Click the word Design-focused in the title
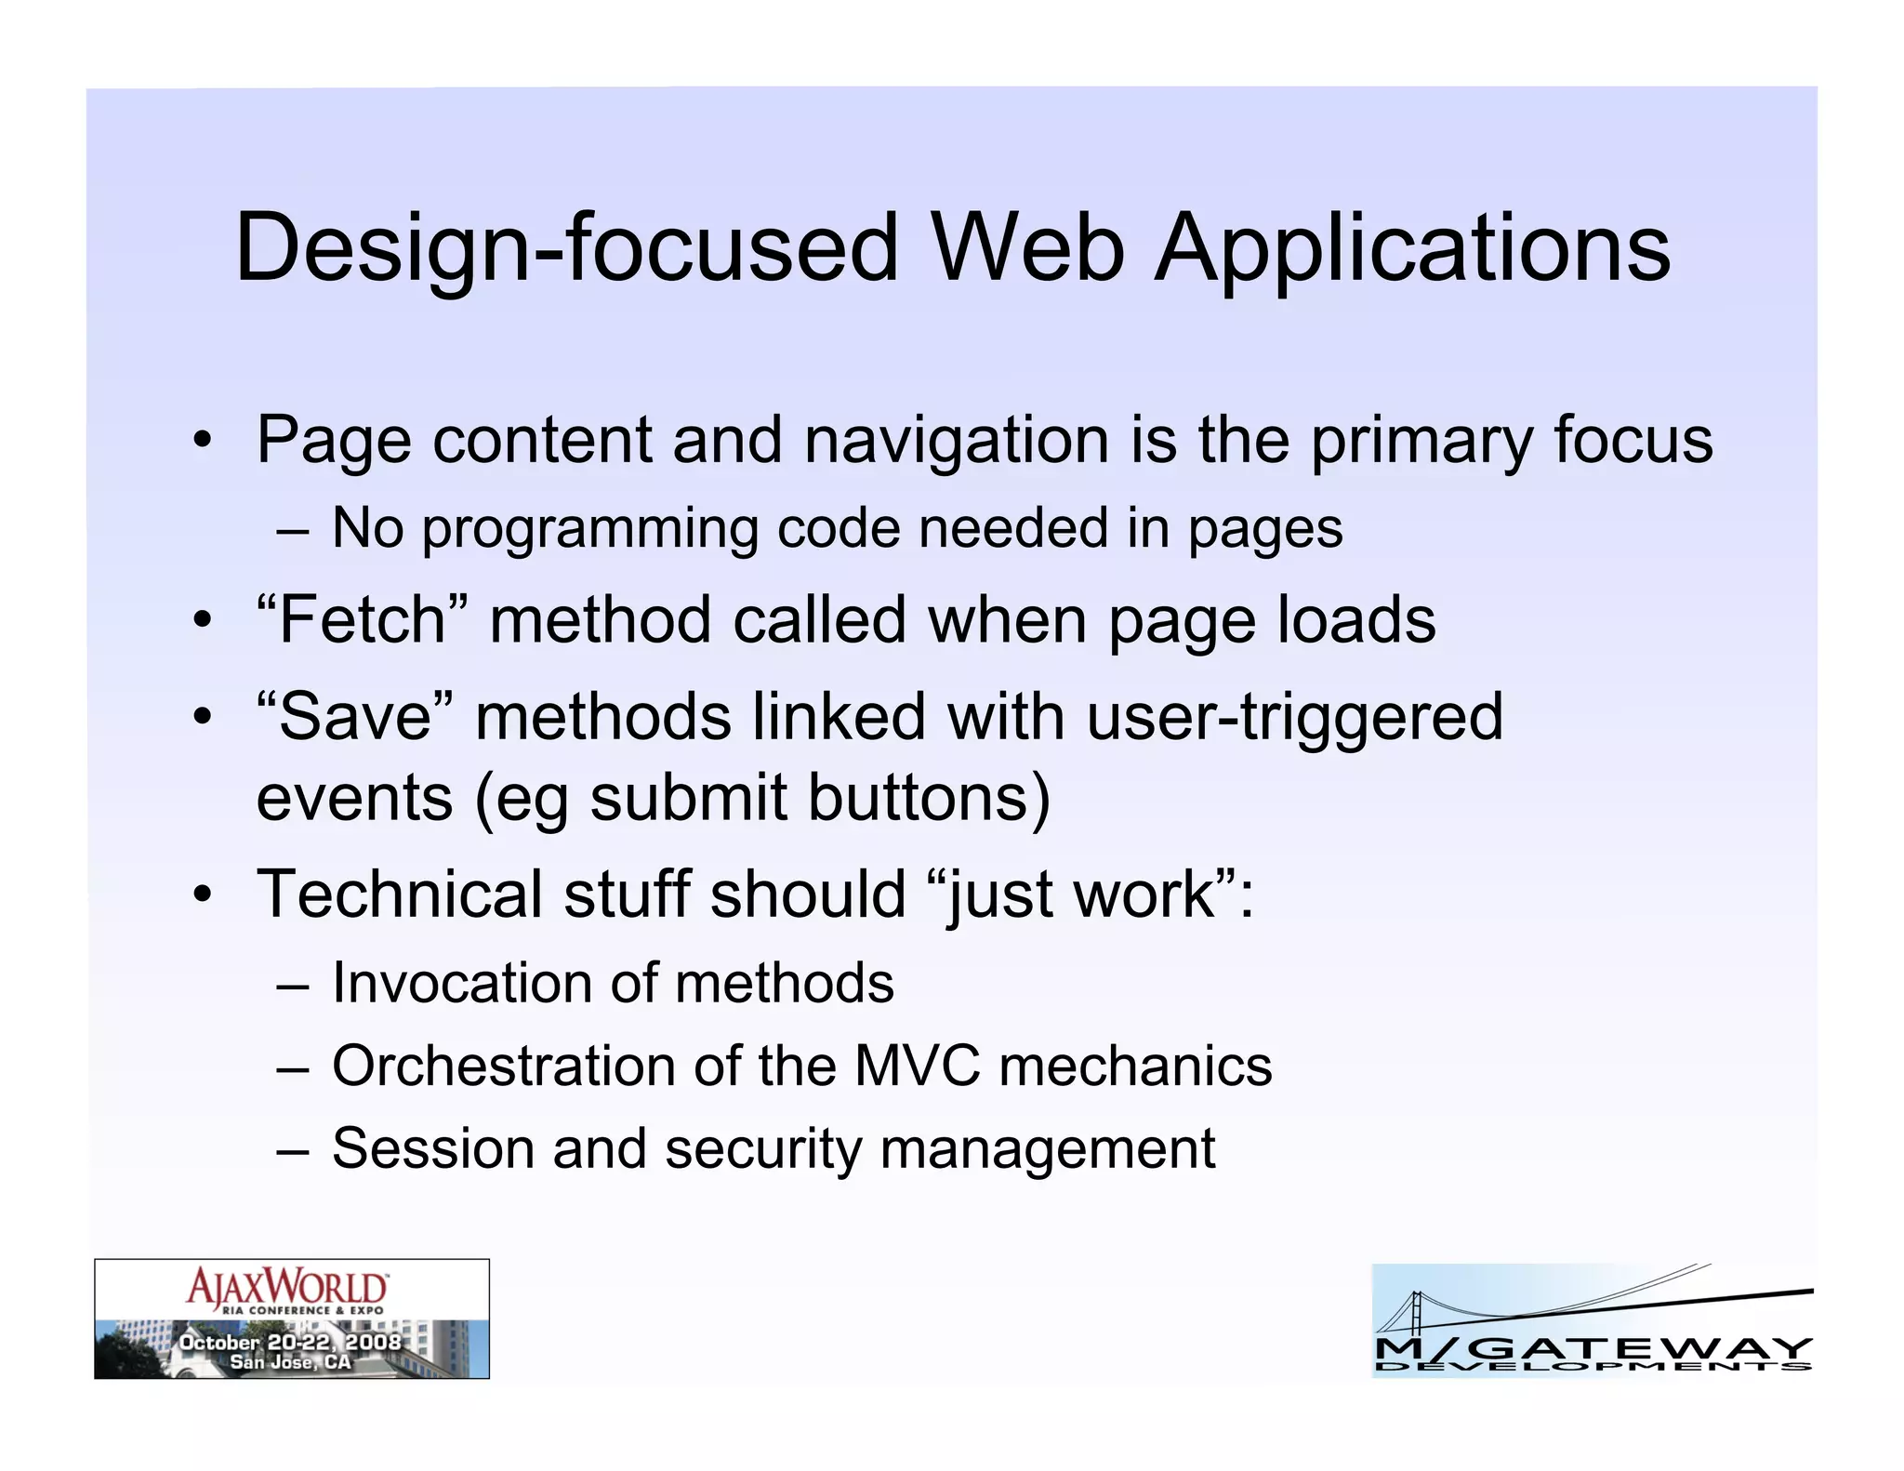pyautogui.click(x=566, y=249)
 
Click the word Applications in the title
pyautogui.click(x=1412, y=249)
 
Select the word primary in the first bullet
pyautogui.click(x=1421, y=442)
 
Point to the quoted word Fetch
pyautogui.click(x=363, y=620)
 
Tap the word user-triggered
pyautogui.click(x=1294, y=717)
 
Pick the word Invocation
pyautogui.click(x=493, y=984)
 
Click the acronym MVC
pyautogui.click(x=916, y=1066)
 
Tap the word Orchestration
pyautogui.click(x=503, y=1066)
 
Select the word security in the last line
pyautogui.click(x=763, y=1149)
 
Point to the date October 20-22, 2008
pyautogui.click(x=290, y=1342)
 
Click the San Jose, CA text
pyautogui.click(x=290, y=1362)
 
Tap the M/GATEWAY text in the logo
pyautogui.click(x=1593, y=1347)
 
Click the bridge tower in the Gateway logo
pyautogui.click(x=1416, y=1315)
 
